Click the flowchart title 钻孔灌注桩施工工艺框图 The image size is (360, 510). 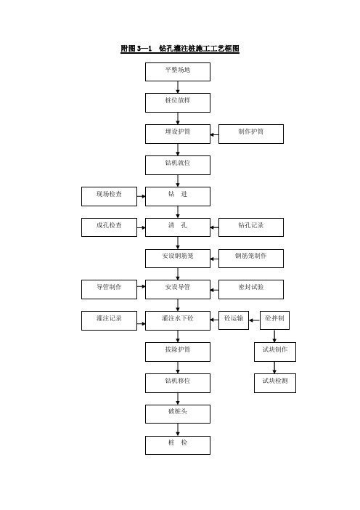pos(180,49)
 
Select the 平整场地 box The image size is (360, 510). pos(178,72)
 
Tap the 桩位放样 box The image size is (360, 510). pos(178,102)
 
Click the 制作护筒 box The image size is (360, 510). pos(251,134)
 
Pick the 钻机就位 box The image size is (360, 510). pos(178,165)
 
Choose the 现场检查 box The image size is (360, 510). pos(109,196)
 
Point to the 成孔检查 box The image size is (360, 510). pos(109,227)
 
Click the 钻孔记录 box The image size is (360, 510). pos(251,227)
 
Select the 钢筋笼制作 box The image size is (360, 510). pos(251,259)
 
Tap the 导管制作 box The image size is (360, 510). pos(109,289)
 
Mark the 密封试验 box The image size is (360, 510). pos(251,289)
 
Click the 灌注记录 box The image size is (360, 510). pos(109,320)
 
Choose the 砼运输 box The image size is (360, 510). pos(234,320)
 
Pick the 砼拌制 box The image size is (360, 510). pos(274,320)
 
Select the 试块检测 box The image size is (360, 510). pos(275,383)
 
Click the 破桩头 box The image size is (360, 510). pos(178,414)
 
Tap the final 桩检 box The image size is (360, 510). pos(178,445)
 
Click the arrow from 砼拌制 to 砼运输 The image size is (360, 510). pos(255,320)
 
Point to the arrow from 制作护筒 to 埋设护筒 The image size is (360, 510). pos(214,134)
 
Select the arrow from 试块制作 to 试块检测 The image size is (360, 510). pos(274,368)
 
